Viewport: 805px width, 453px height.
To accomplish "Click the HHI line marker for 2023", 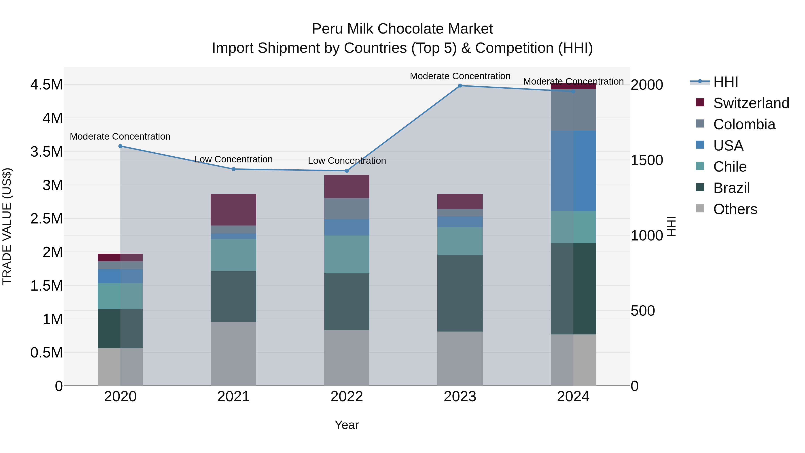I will click(460, 86).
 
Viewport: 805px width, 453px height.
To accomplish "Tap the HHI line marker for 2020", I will click(120, 146).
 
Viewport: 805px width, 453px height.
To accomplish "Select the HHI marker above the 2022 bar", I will click(347, 171).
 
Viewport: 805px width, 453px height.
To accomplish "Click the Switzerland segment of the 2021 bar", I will click(233, 209).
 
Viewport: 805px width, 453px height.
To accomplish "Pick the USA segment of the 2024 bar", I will click(573, 171).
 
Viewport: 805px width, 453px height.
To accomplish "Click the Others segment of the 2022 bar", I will click(347, 358).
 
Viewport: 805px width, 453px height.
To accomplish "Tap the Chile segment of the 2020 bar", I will click(120, 296).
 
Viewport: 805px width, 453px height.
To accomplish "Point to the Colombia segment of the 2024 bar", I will click(573, 110).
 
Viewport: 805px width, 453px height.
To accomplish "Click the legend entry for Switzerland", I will click(751, 103).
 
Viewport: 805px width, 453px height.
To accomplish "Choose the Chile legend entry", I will click(730, 167).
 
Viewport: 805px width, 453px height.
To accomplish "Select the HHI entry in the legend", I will click(725, 82).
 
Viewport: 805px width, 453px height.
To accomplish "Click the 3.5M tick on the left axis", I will click(46, 152).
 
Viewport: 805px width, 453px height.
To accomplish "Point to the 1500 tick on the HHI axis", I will click(646, 160).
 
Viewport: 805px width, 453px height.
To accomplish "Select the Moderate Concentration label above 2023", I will click(460, 76).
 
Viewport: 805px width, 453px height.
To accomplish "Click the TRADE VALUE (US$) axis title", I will click(7, 226).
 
